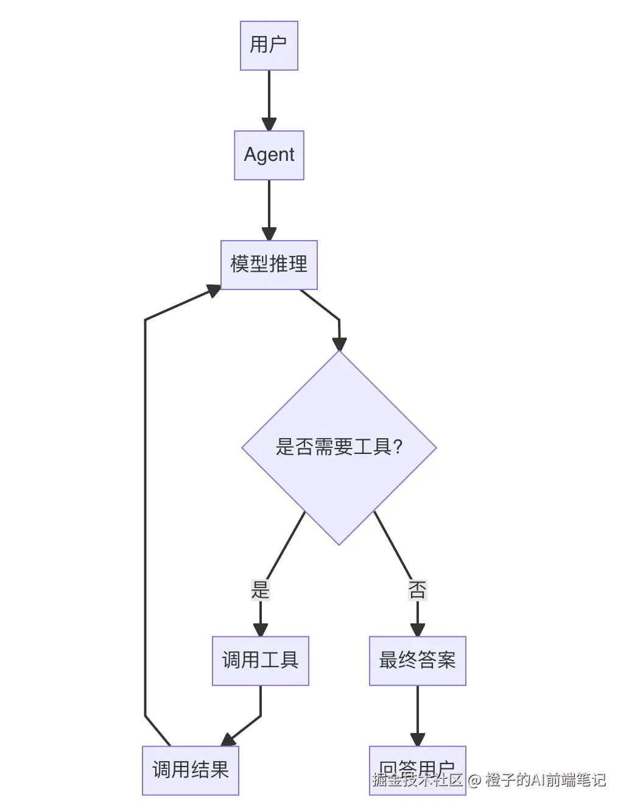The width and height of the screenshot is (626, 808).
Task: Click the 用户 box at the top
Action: click(x=269, y=46)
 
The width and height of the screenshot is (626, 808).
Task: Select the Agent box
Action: click(x=269, y=155)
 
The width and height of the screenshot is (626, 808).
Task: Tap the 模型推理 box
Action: click(x=269, y=265)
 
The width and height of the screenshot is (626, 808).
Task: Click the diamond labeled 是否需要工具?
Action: click(x=339, y=448)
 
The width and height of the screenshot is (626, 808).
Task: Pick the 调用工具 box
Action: click(x=260, y=661)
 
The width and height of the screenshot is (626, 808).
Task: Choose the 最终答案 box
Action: click(x=417, y=661)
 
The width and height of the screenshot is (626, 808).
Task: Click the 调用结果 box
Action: click(x=190, y=771)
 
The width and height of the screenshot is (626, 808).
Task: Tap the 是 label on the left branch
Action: click(x=260, y=590)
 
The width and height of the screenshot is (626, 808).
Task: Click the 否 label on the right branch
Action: click(x=417, y=590)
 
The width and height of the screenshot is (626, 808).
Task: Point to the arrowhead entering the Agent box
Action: click(x=269, y=124)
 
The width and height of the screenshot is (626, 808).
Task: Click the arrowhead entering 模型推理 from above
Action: click(x=269, y=234)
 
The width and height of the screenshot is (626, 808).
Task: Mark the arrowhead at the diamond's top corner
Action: click(x=339, y=344)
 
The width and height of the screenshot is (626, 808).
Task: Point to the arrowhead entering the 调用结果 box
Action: click(x=229, y=740)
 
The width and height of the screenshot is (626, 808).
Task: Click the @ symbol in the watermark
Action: click(x=474, y=780)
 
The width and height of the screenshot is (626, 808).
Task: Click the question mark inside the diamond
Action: click(x=398, y=448)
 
